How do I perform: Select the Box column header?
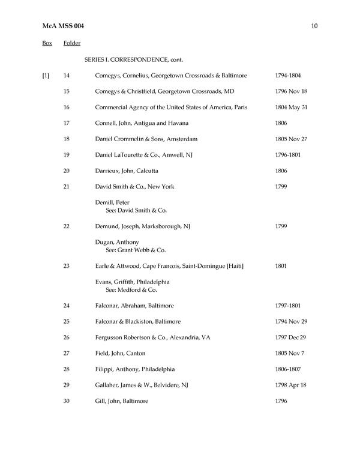(47, 43)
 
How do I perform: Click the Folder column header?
(71, 43)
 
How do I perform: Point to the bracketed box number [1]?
(46, 76)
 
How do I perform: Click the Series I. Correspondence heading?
(134, 59)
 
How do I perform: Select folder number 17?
(67, 123)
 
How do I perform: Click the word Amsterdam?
(179, 139)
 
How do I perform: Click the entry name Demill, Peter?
(112, 202)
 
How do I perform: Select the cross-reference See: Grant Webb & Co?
(136, 250)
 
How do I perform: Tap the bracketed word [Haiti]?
(233, 266)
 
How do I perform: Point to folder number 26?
(67, 337)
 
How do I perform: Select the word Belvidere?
(175, 386)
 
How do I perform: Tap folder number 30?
(67, 401)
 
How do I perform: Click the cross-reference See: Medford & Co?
(132, 289)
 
